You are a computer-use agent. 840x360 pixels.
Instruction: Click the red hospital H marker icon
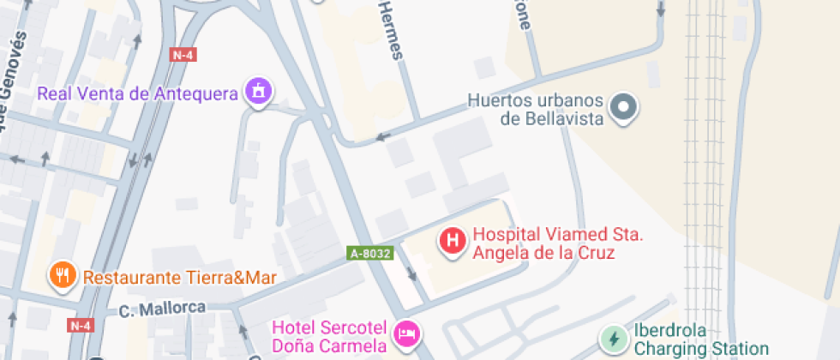453,241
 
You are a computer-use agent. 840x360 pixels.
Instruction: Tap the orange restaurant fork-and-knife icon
63,276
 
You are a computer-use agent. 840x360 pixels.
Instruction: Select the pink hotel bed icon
406,333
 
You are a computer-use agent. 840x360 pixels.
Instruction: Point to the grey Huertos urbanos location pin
624,108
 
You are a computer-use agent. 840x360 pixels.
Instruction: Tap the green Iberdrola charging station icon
613,339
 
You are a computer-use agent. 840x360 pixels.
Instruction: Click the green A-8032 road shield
370,253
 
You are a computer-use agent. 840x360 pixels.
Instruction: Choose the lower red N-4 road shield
80,325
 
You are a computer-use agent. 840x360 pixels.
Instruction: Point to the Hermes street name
389,31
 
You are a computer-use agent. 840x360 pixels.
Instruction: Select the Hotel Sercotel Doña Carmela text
330,336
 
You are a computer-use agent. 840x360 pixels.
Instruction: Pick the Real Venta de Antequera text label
137,93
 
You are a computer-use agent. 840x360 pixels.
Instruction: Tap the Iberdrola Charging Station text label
700,339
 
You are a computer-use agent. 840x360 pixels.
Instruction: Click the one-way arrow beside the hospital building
412,274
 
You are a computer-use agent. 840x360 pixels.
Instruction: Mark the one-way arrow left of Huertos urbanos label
382,135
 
